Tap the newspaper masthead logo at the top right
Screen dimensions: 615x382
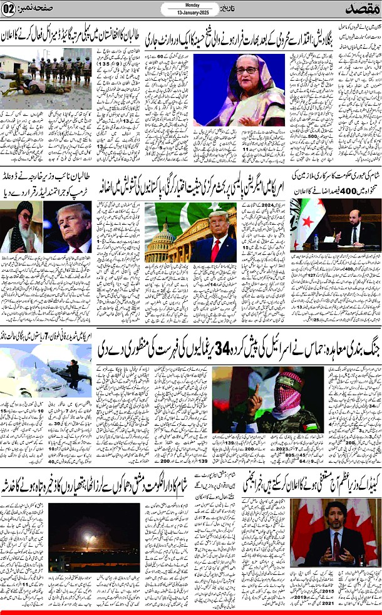coord(357,11)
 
